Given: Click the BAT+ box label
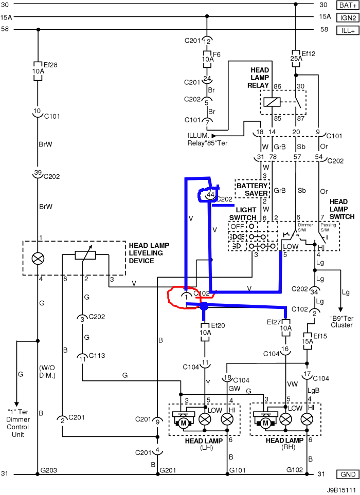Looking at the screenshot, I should coord(345,5).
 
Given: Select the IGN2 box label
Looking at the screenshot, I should coord(345,17).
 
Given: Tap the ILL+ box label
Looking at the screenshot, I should coord(345,30).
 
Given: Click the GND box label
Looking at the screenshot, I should coord(345,474).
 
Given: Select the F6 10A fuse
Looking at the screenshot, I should coord(207,59).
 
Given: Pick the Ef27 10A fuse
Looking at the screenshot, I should coord(285,327).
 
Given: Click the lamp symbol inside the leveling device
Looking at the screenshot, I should coord(38,258).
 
